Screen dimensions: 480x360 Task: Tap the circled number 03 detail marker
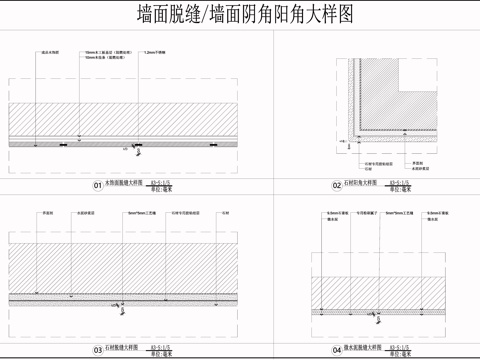tap(98, 351)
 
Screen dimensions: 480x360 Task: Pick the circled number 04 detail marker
tap(337, 351)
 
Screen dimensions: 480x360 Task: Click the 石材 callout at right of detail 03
tap(225, 213)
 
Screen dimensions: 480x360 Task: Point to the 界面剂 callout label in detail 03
tap(47, 213)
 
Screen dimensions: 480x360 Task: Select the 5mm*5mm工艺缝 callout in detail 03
tap(138, 213)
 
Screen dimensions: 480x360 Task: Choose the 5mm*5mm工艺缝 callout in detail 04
tap(400, 213)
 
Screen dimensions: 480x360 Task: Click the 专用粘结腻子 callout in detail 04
tap(367, 213)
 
